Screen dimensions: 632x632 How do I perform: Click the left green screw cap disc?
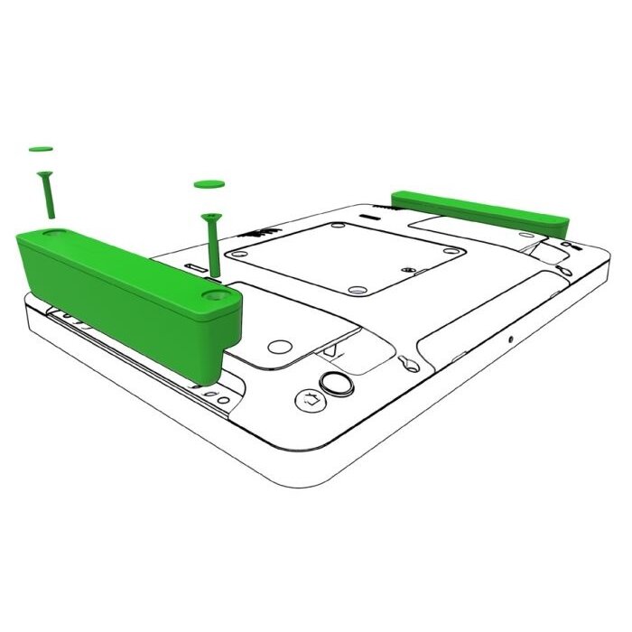[40, 147]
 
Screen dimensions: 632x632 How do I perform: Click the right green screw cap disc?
[209, 185]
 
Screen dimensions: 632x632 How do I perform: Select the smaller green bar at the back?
[478, 209]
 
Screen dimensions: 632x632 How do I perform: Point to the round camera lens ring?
[339, 383]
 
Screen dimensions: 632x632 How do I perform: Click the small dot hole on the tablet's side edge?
[510, 339]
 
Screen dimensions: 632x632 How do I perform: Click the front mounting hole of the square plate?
[356, 291]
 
